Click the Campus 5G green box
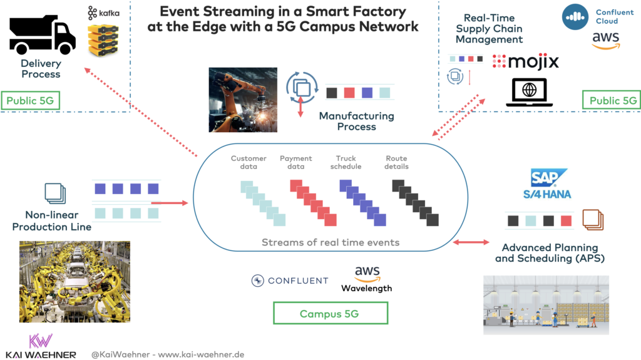[330, 314]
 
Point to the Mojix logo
[525, 61]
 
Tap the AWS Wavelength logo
[367, 279]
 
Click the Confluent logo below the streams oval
[290, 280]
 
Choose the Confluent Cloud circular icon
[575, 17]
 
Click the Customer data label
[249, 162]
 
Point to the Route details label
[397, 162]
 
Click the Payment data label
[296, 162]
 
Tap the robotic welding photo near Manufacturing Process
[243, 100]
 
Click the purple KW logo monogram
[41, 341]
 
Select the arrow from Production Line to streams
[170, 203]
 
